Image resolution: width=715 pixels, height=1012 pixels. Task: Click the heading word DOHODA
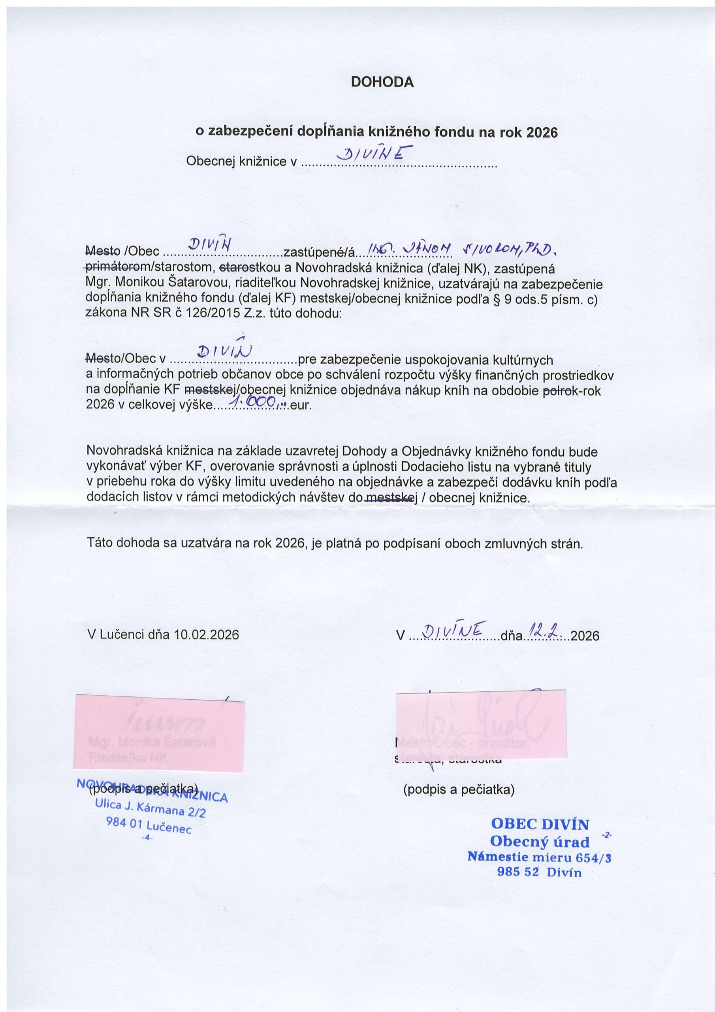pos(382,83)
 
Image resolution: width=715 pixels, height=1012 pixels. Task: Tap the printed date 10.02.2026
pos(207,635)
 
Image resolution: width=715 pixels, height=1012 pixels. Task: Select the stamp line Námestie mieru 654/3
pos(539,858)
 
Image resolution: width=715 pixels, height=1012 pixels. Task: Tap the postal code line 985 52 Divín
pos(539,872)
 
